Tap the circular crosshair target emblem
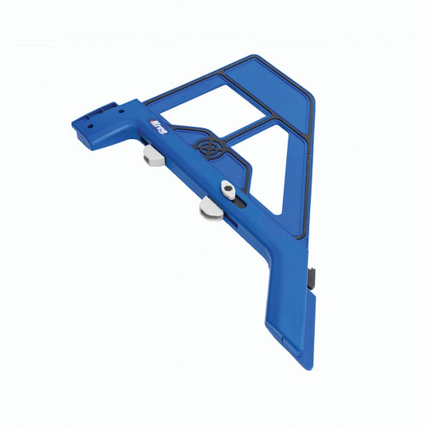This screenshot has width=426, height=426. pyautogui.click(x=208, y=149)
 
